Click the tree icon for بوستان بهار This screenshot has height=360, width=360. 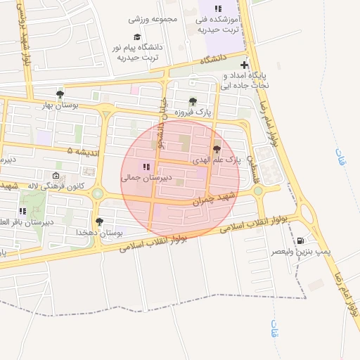click(x=60, y=94)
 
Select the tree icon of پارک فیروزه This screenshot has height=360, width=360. click(x=193, y=102)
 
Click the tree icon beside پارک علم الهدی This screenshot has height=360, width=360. click(x=217, y=149)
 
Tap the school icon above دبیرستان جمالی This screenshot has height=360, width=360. click(x=146, y=167)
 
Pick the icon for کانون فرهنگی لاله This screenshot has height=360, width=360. click(x=56, y=176)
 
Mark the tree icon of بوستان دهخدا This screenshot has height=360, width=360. click(x=99, y=221)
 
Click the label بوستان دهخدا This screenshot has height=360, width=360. click(x=99, y=232)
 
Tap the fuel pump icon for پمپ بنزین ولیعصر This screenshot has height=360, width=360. click(x=302, y=240)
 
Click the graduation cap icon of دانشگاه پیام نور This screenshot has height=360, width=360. click(x=137, y=37)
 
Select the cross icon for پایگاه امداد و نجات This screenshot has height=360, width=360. click(x=244, y=65)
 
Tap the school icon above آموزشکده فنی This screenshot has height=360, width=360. click(x=219, y=8)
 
